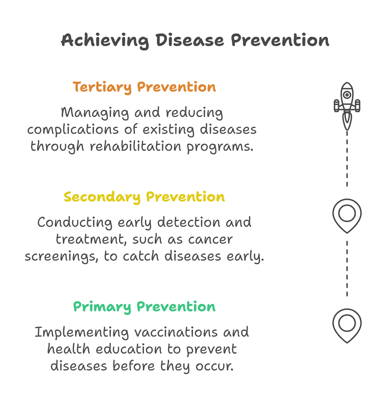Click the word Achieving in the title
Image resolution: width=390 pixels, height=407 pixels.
(x=105, y=40)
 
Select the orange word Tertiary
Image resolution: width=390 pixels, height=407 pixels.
(x=102, y=87)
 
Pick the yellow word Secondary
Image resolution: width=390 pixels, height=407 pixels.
(x=102, y=197)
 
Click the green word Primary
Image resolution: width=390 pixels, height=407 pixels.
(x=102, y=307)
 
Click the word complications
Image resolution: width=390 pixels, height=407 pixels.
(x=73, y=130)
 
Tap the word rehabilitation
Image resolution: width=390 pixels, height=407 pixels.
(x=135, y=146)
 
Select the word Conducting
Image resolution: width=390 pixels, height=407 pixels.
(x=75, y=223)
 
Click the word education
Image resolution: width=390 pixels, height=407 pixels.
(x=129, y=349)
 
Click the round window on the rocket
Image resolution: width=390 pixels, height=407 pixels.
(x=347, y=95)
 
